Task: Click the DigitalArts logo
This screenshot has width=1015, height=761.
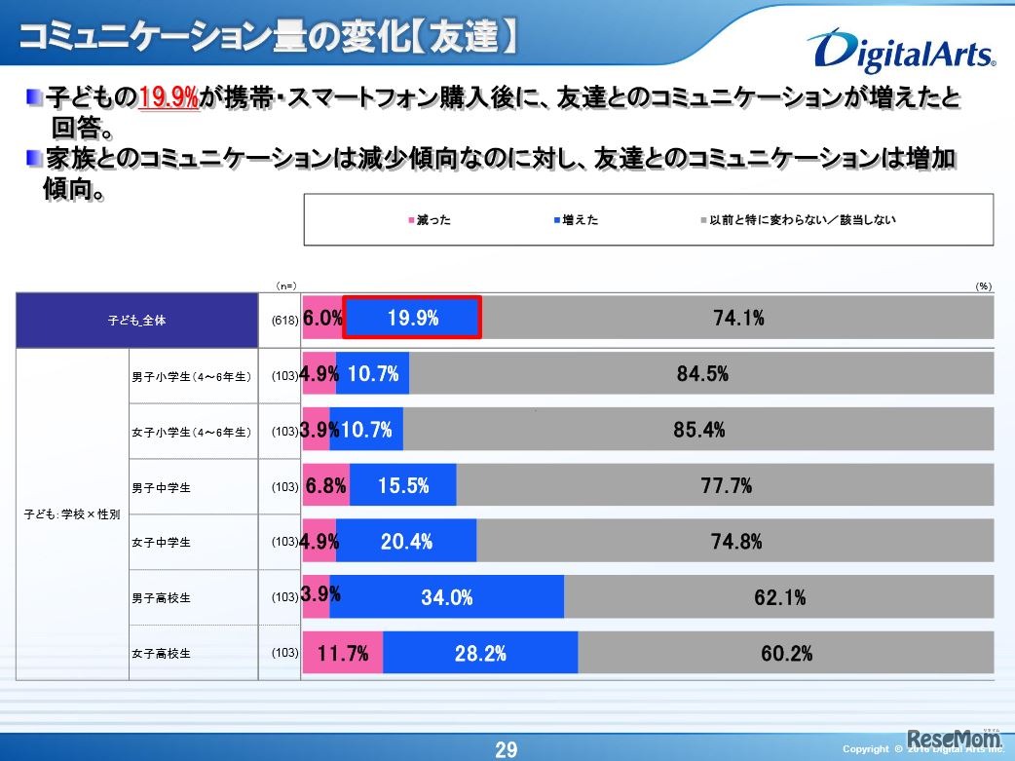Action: pyautogui.click(x=900, y=53)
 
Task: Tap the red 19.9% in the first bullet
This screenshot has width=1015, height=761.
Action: pyautogui.click(x=169, y=97)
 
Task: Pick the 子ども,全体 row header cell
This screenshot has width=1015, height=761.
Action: pyautogui.click(x=137, y=320)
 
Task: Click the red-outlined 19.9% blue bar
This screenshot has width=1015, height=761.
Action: pyautogui.click(x=413, y=318)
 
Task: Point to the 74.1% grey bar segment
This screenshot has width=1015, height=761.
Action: pyautogui.click(x=737, y=318)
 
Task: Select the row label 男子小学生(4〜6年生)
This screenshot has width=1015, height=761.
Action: pyautogui.click(x=191, y=375)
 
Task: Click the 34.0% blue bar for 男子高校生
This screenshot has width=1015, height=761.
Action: pyautogui.click(x=447, y=597)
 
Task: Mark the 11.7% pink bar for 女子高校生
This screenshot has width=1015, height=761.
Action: pyautogui.click(x=343, y=653)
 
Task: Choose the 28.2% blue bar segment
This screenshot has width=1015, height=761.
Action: pyautogui.click(x=480, y=653)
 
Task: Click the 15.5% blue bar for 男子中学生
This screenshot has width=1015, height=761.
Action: pyautogui.click(x=403, y=485)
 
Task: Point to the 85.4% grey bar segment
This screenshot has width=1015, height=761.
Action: pyautogui.click(x=698, y=430)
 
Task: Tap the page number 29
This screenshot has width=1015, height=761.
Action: pyautogui.click(x=507, y=749)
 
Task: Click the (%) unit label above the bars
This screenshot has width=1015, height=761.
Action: pyautogui.click(x=983, y=285)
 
